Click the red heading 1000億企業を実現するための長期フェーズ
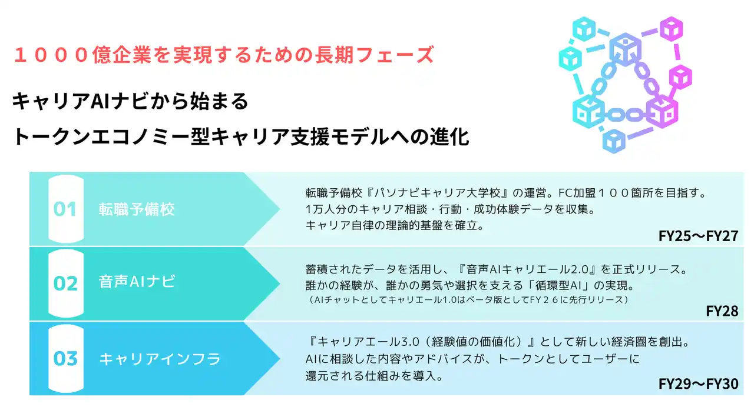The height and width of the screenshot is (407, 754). click(224, 55)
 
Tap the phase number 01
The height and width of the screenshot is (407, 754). click(65, 209)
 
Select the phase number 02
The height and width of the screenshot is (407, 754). click(65, 283)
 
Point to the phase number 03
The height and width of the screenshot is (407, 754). click(65, 358)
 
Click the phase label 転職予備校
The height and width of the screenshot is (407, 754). click(137, 209)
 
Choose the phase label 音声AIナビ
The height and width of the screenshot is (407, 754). click(137, 282)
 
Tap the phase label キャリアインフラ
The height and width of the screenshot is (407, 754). click(160, 359)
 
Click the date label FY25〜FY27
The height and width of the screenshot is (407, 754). click(699, 236)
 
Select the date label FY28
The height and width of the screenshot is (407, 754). click(722, 311)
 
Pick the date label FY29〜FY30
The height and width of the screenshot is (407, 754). click(699, 384)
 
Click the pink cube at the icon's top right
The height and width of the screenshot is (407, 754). click(671, 29)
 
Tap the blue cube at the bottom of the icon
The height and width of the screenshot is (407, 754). click(614, 141)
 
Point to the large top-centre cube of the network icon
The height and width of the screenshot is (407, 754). click(625, 49)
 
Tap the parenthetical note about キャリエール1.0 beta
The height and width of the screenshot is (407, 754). click(467, 300)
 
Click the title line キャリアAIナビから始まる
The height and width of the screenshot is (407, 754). click(130, 101)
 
